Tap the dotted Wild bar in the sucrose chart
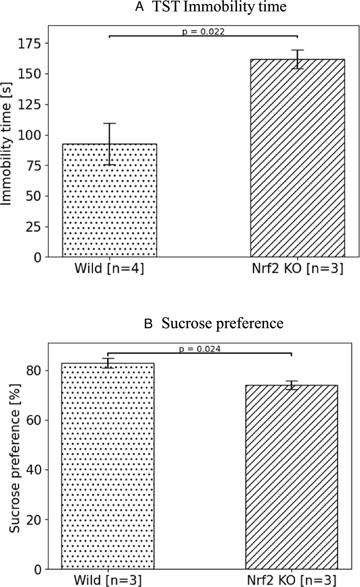108,466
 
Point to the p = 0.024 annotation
200,349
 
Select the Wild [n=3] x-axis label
108,581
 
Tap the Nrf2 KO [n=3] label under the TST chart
297,269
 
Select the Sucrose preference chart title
223,323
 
